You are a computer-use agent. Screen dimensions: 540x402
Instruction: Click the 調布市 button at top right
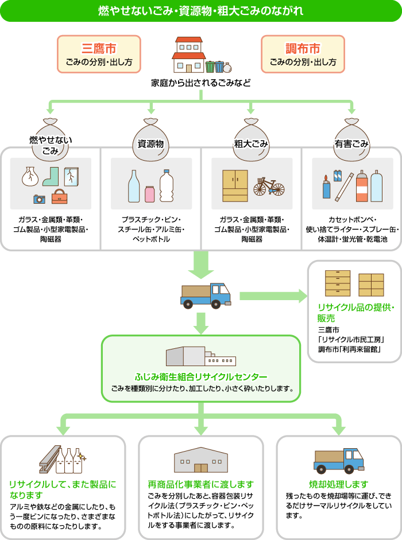pyautogui.click(x=303, y=54)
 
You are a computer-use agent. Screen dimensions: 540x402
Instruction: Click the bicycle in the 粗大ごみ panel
pyautogui.click(x=269, y=186)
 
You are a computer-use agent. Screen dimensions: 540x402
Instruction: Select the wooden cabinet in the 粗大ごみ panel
pyautogui.click(x=235, y=185)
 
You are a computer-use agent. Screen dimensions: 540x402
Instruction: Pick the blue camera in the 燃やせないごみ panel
pyautogui.click(x=39, y=199)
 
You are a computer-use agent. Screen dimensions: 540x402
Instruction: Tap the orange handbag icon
pyautogui.click(x=59, y=197)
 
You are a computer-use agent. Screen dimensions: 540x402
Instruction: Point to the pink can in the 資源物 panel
pyautogui.click(x=150, y=193)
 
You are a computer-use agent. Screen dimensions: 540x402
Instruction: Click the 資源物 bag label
pyautogui.click(x=151, y=144)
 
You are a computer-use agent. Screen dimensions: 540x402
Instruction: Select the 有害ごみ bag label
pyautogui.click(x=351, y=144)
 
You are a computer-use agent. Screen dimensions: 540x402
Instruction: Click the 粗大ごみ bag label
pyautogui.click(x=251, y=144)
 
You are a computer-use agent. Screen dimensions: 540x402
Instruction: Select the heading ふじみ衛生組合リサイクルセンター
pyautogui.click(x=201, y=377)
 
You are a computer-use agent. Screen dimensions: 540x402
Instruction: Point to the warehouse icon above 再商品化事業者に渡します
pyautogui.click(x=200, y=460)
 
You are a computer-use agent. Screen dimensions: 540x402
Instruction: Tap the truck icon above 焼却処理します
pyautogui.click(x=339, y=460)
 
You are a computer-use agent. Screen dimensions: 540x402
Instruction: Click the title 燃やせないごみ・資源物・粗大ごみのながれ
pyautogui.click(x=201, y=11)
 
